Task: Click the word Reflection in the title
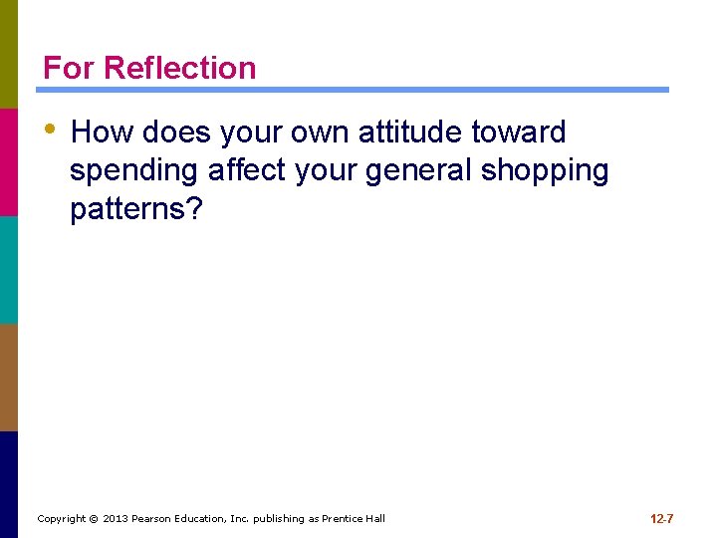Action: [x=179, y=68]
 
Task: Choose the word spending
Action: [x=134, y=171]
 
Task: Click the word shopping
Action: [x=545, y=171]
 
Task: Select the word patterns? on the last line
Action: [x=134, y=210]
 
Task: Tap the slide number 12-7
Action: [x=662, y=519]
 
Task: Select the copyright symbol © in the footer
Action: [x=94, y=519]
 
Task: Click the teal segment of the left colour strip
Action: [x=9, y=269]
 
